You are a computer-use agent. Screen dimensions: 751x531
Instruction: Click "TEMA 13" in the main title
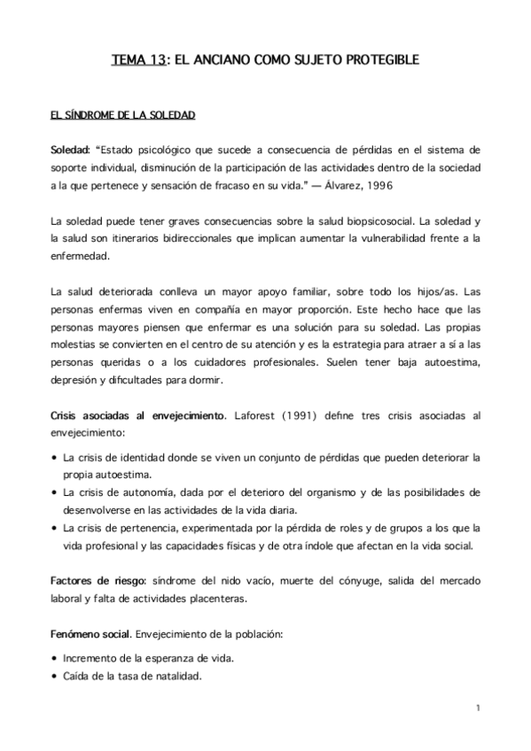click(x=138, y=61)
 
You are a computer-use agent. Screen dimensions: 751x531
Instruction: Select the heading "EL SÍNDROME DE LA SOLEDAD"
click(x=123, y=116)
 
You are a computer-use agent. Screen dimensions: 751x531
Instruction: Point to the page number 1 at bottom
click(x=477, y=707)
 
